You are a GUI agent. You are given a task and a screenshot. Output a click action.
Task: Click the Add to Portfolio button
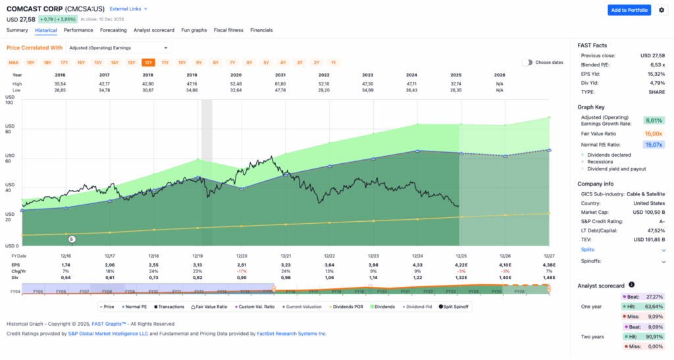pos(629,10)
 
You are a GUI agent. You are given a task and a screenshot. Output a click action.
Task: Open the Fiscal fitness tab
pos(228,30)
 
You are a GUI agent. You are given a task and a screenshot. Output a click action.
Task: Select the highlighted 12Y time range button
pos(148,63)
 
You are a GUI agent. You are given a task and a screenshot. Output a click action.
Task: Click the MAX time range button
pos(13,63)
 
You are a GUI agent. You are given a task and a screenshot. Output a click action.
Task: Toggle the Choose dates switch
pos(527,63)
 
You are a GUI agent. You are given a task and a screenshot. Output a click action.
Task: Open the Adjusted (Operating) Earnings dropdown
pos(118,47)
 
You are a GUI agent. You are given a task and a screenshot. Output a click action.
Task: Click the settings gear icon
pos(661,10)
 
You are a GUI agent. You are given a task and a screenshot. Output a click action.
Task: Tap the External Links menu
pos(128,9)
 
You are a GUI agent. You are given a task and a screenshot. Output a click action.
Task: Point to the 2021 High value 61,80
pos(286,84)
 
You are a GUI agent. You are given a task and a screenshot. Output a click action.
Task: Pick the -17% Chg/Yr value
pos(242,270)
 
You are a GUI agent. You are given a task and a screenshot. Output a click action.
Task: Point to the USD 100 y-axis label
pos(9,100)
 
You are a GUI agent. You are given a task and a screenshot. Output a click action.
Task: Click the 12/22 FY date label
pos(330,255)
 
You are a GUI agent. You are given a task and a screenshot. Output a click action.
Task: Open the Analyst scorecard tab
pos(153,30)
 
